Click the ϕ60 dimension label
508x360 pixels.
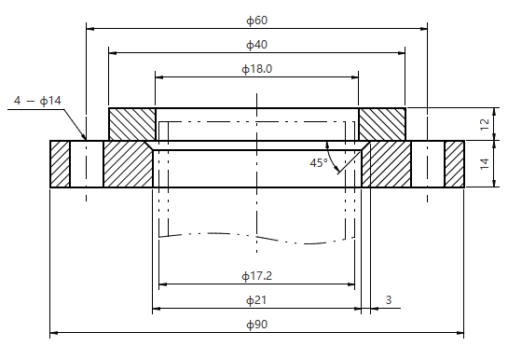[257, 21]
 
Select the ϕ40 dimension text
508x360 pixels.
[257, 45]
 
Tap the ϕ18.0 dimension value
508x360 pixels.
[257, 69]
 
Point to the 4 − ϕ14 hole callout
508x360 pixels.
[37, 101]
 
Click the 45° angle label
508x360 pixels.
[319, 162]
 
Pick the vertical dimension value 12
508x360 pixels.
[485, 124]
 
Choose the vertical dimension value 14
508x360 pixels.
[485, 163]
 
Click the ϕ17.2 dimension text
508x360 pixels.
[257, 276]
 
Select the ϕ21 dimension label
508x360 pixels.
[256, 300]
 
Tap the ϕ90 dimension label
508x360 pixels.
[257, 325]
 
